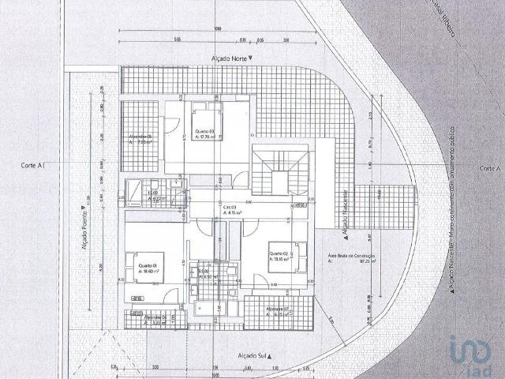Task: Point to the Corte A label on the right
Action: pyautogui.click(x=490, y=168)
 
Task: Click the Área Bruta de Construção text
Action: pyautogui.click(x=350, y=258)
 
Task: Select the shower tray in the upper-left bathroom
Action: pyautogui.click(x=135, y=189)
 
